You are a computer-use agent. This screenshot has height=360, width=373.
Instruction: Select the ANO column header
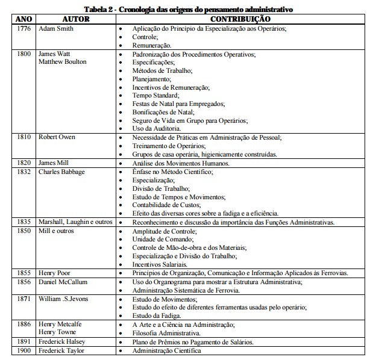pyautogui.click(x=23, y=19)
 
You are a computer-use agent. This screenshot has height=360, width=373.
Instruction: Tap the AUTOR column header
pyautogui.click(x=76, y=19)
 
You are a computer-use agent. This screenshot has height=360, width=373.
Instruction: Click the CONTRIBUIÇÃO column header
pyautogui.click(x=240, y=19)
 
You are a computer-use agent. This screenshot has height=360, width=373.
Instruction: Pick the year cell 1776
pyautogui.click(x=24, y=28)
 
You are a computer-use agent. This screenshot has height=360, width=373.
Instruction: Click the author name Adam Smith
pyautogui.click(x=57, y=28)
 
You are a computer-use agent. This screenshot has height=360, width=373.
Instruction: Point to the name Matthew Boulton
pyautogui.click(x=63, y=62)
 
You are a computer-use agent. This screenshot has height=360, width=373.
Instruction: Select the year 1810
pyautogui.click(x=24, y=137)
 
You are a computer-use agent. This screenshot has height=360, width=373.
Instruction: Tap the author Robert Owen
pyautogui.click(x=57, y=137)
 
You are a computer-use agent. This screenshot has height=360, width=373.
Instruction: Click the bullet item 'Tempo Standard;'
pyautogui.click(x=155, y=95)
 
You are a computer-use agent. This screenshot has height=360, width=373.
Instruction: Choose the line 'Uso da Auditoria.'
pyautogui.click(x=156, y=128)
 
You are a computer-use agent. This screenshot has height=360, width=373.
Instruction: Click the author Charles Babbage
pyautogui.click(x=61, y=172)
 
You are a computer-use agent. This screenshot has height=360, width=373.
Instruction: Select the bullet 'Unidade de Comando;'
pyautogui.click(x=163, y=239)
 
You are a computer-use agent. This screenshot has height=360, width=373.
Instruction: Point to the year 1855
pyautogui.click(x=24, y=273)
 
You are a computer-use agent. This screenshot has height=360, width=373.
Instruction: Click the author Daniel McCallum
pyautogui.click(x=64, y=281)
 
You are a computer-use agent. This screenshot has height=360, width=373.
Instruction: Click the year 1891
pyautogui.click(x=24, y=342)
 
